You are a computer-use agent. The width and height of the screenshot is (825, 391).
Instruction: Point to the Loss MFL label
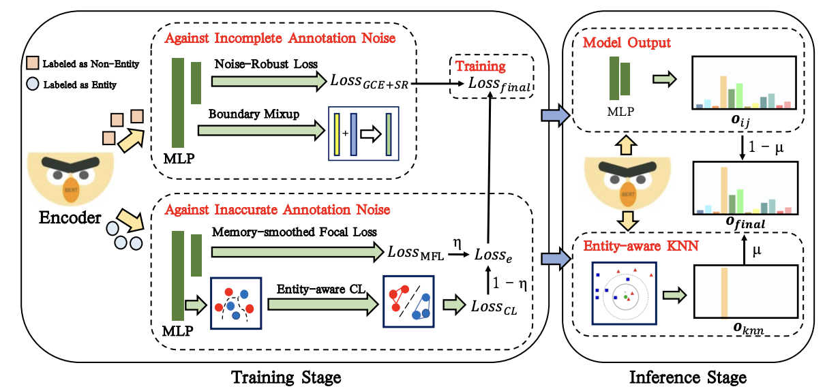pos(416,252)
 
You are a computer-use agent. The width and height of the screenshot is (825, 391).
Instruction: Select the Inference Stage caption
pos(687,377)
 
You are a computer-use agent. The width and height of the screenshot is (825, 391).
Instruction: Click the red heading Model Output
pos(626,43)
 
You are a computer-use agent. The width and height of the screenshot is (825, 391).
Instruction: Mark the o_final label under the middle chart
pos(744,222)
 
